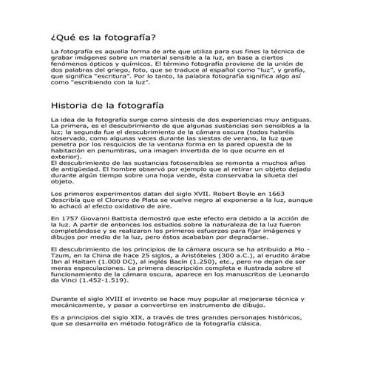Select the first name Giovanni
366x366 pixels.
[101, 220]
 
